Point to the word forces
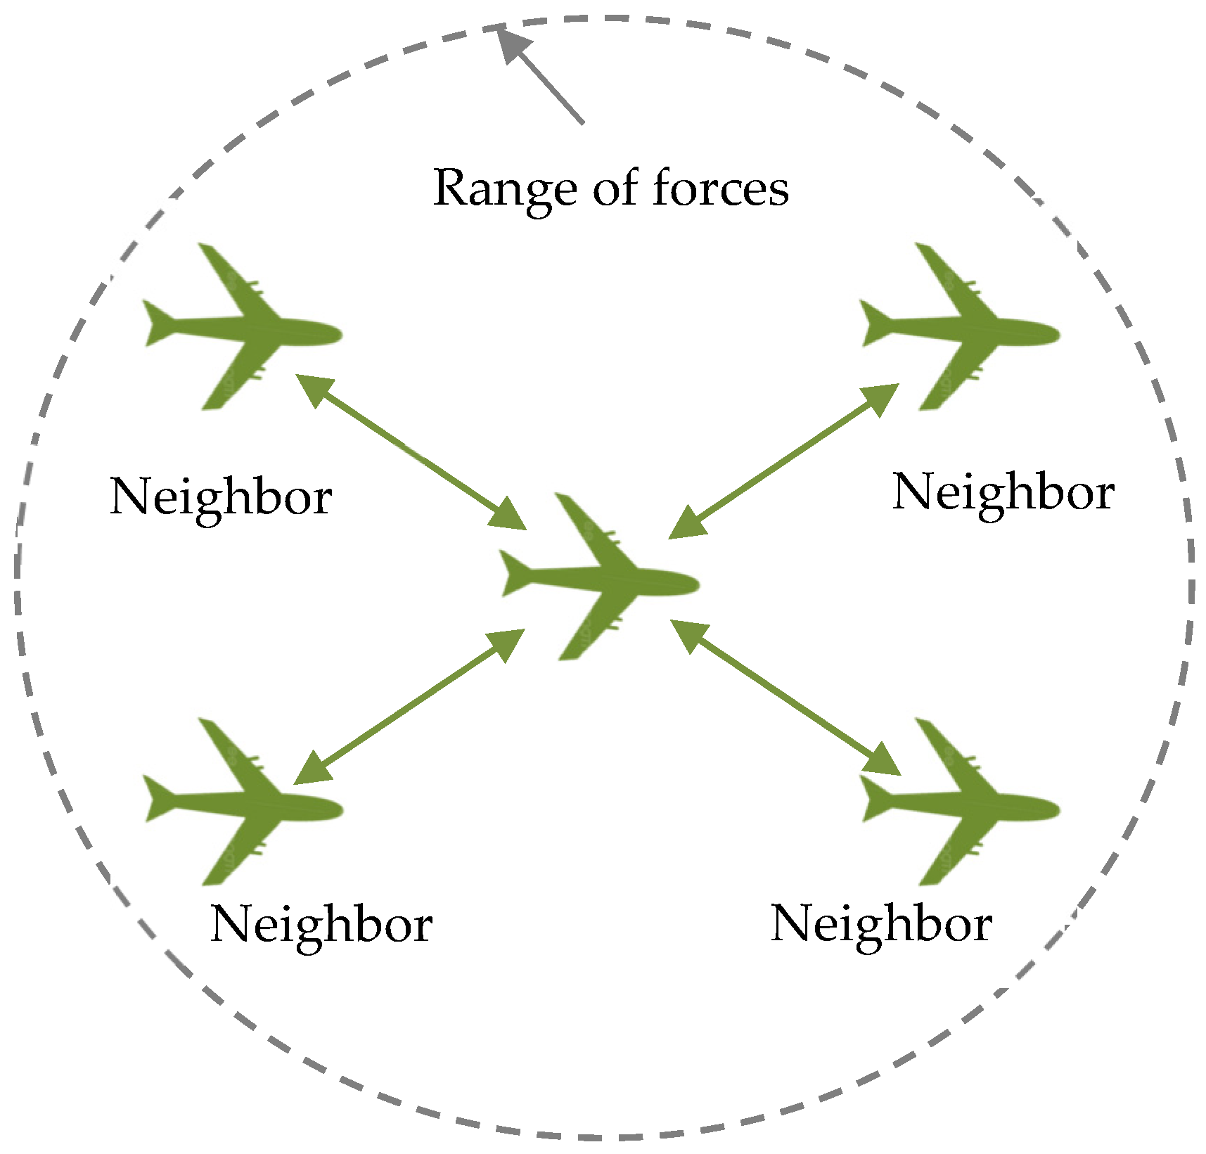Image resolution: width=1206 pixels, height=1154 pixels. [721, 188]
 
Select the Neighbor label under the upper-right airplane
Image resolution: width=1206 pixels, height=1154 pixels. [1003, 492]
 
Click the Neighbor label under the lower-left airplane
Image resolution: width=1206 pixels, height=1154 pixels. [321, 925]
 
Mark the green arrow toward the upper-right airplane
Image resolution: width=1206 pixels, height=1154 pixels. [783, 461]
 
